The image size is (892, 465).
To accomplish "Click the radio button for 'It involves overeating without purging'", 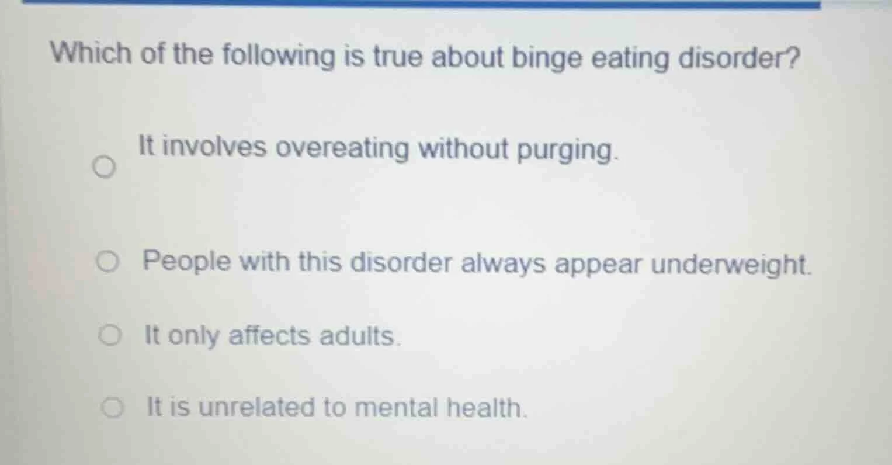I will point(104,169).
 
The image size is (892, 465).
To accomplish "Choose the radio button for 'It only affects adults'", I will point(110,336).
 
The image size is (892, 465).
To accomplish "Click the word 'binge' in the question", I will point(547,59).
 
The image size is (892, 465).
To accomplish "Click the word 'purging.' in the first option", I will point(567,151).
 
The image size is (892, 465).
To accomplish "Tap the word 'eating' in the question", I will point(628,59).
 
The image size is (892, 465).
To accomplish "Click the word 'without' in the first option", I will point(464,148).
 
